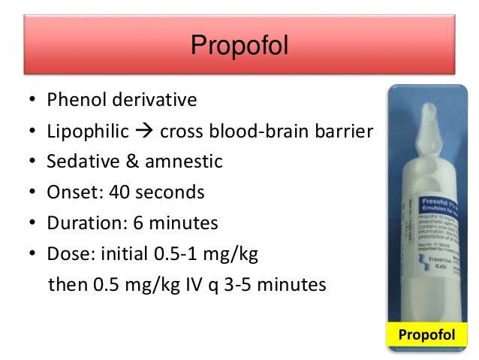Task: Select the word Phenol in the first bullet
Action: pos(72,99)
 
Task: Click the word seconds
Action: pos(170,192)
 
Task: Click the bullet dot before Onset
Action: pos(33,193)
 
